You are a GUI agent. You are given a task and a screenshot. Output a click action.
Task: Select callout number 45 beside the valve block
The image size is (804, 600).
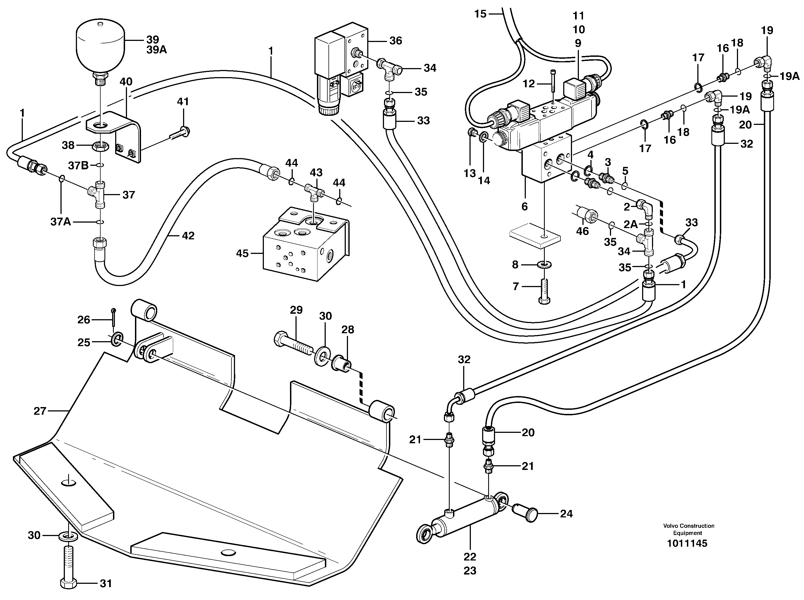(242, 253)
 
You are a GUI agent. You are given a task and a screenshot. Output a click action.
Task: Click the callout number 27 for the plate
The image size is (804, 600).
(40, 411)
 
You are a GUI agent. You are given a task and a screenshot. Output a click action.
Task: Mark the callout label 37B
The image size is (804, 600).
(79, 166)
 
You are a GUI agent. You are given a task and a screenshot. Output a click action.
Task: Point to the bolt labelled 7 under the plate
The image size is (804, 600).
(544, 291)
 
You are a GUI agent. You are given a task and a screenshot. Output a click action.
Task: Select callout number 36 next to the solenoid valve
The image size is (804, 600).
(396, 41)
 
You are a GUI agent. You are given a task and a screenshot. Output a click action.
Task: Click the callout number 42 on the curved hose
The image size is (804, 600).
(188, 236)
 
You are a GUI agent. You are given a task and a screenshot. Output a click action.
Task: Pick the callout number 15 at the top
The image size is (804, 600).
(480, 14)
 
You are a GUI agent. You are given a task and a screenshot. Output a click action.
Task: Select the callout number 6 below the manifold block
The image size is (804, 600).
(524, 206)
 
